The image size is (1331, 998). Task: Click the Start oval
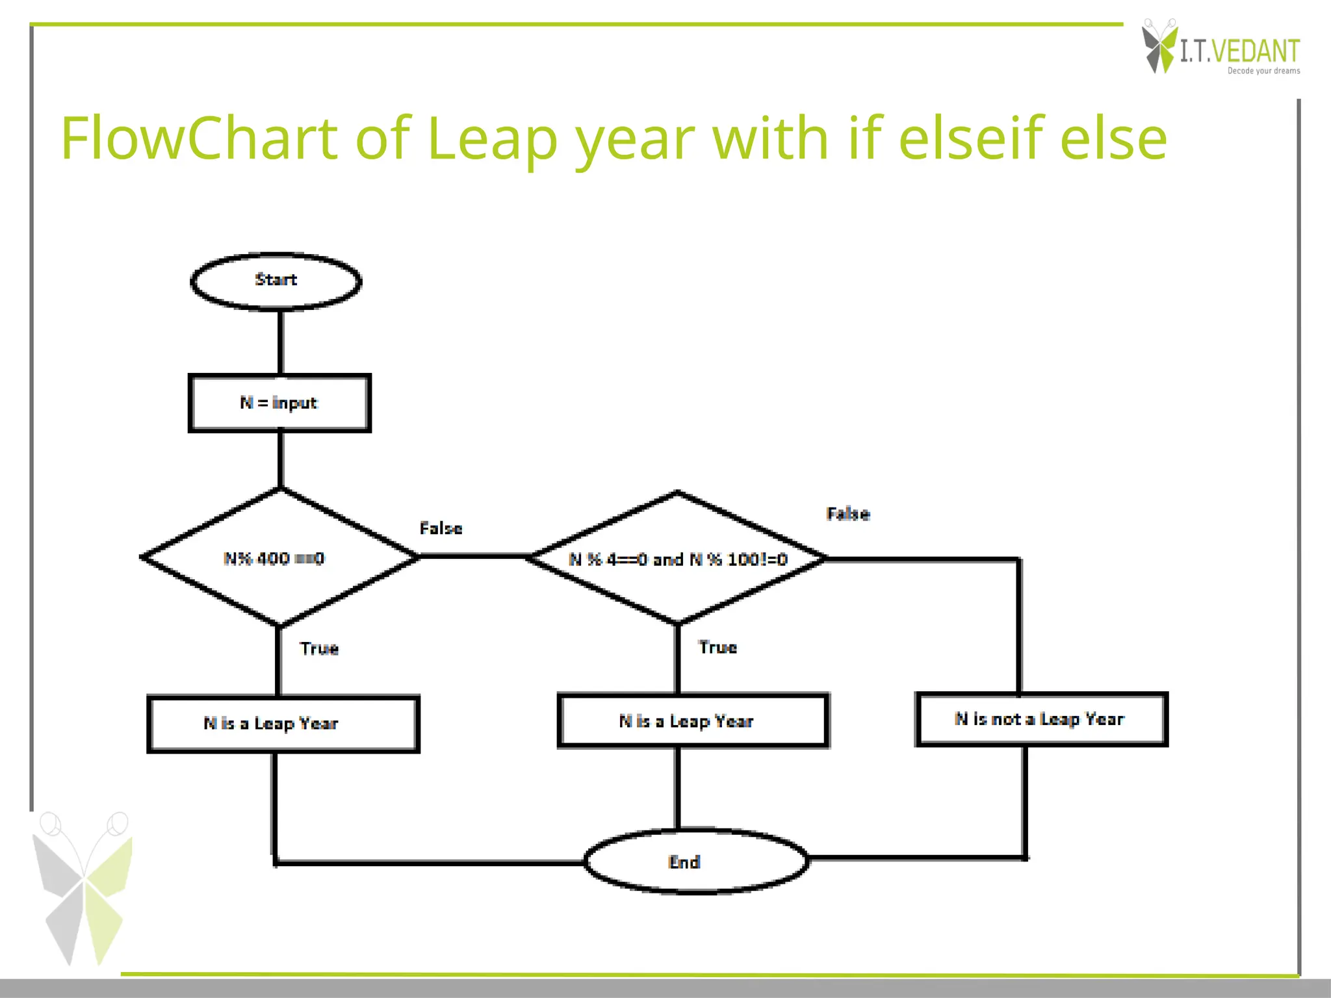pos(276,281)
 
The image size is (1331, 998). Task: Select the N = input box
pos(279,403)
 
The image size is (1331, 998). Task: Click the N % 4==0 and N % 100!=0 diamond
pos(677,558)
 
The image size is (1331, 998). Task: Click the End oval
pos(695,862)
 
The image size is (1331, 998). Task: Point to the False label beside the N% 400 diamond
pos(441,528)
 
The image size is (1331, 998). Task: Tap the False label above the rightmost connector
pos(847,514)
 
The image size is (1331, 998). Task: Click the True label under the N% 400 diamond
pos(319,648)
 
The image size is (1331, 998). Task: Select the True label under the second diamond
pos(717,647)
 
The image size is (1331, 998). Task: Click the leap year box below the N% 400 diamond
pos(283,724)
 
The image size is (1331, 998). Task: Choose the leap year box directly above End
pos(693,721)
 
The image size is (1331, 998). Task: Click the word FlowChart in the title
pos(199,138)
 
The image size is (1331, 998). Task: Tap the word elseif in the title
pos(972,138)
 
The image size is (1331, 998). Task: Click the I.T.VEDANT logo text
pos(1239,51)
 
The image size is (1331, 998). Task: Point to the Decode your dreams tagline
pos(1263,71)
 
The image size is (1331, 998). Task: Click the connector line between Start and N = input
pos(280,342)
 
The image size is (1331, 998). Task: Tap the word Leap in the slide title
pos(492,138)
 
